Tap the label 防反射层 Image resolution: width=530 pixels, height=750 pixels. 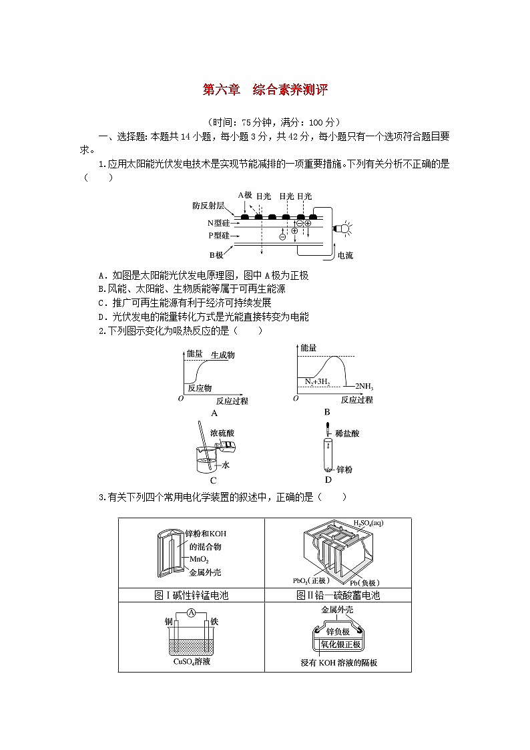pos(208,206)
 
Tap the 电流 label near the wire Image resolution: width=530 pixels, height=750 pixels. pos(345,255)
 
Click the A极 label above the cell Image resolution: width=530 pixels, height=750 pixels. pos(244,195)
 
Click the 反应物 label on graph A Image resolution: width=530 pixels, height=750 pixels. pos(200,387)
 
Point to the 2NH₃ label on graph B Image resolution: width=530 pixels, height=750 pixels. pos(364,386)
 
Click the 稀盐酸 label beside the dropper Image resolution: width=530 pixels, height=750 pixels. pos(348,433)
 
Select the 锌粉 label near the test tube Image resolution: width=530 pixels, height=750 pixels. pos(344,470)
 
